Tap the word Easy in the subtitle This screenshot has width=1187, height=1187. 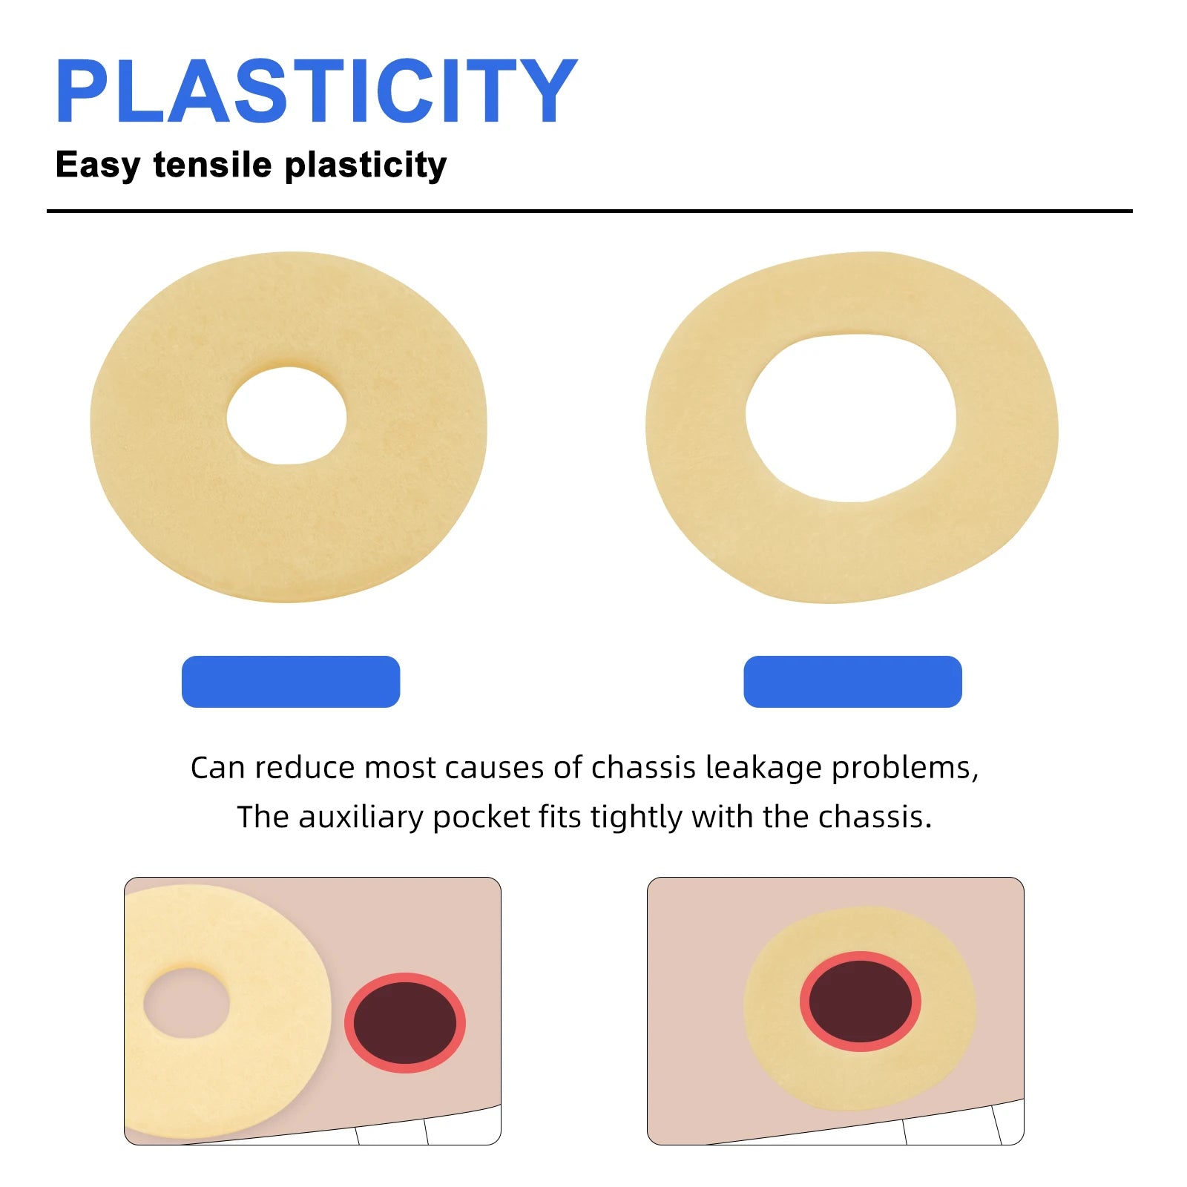point(97,165)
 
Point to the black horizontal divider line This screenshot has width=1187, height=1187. point(589,211)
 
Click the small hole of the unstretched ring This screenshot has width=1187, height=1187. point(286,415)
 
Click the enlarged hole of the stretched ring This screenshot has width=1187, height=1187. point(850,418)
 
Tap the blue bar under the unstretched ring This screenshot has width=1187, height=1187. point(291,681)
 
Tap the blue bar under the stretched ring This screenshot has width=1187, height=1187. point(852,681)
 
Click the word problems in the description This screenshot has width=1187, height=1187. point(904,769)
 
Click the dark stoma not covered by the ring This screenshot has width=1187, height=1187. point(405,1022)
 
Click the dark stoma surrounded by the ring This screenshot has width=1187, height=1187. point(861,1002)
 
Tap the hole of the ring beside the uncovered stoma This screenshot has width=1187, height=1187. point(186,1003)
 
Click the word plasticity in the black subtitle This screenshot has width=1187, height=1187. point(365,165)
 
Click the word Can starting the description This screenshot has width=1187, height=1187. point(217,769)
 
